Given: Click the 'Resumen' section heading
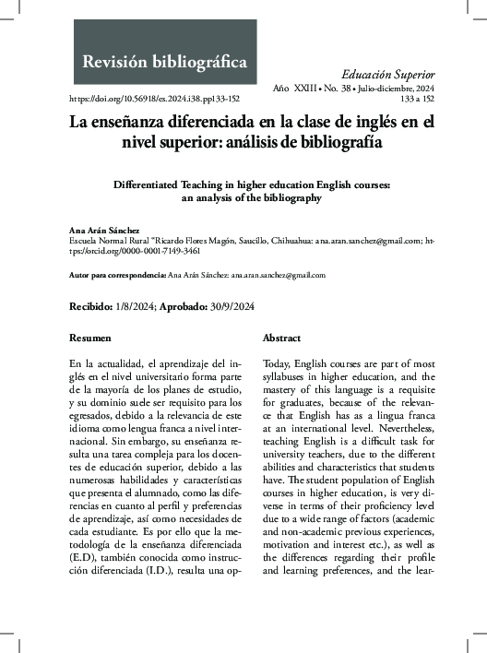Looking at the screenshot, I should pyautogui.click(x=90, y=338).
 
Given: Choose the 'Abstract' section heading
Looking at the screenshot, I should pyautogui.click(x=281, y=338).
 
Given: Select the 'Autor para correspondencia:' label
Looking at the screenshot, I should pyautogui.click(x=118, y=275).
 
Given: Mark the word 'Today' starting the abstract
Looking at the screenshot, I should pyautogui.click(x=277, y=364).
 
